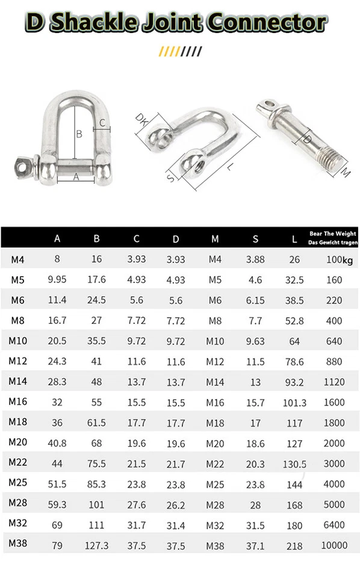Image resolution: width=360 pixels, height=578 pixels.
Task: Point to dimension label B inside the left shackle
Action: pyautogui.click(x=78, y=134)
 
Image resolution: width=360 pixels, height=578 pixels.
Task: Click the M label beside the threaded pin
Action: pyautogui.click(x=345, y=173)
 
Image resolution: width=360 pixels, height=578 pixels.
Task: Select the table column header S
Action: pyautogui.click(x=255, y=239)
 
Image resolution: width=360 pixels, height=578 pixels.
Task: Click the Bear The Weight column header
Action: pyautogui.click(x=332, y=238)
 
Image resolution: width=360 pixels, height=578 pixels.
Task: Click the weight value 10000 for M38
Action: pyautogui.click(x=334, y=545)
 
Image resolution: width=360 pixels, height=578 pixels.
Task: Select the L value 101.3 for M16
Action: pyautogui.click(x=294, y=403)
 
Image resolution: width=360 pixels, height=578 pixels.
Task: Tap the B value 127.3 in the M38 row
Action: pyautogui.click(x=97, y=545)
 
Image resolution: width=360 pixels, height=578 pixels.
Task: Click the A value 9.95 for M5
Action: pyautogui.click(x=57, y=280)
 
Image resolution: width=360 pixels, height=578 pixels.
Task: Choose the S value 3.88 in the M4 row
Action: pyautogui.click(x=255, y=259)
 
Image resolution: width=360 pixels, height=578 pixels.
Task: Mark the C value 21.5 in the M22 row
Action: pyautogui.click(x=137, y=464)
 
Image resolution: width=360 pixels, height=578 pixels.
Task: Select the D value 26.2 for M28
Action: pyautogui.click(x=176, y=505)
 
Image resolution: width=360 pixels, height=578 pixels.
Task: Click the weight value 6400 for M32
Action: pyautogui.click(x=334, y=525)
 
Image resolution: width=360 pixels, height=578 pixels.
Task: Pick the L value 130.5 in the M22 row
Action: pyautogui.click(x=294, y=464)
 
